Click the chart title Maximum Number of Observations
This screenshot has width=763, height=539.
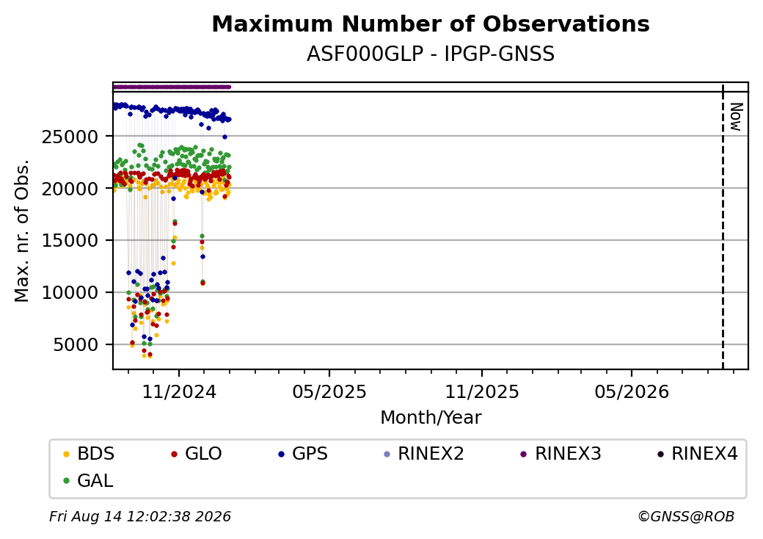coord(431,23)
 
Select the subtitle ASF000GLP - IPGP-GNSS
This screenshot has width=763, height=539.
coord(431,54)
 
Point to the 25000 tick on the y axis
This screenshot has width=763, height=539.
coord(70,137)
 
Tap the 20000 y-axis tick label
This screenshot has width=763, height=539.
coord(70,189)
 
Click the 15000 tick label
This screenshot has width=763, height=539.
coord(70,241)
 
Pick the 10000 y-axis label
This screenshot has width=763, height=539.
coord(70,292)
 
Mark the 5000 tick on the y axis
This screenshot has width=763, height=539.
coord(76,344)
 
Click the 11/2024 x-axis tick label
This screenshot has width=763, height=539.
coord(179,391)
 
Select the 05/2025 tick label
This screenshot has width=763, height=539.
coord(329,391)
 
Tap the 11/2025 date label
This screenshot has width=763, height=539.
coord(482,391)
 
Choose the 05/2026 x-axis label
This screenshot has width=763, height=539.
coord(632,391)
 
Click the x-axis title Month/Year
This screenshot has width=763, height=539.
coord(431,418)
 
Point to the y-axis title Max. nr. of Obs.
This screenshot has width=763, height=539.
coord(22,231)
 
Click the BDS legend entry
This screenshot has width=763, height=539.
coord(89,454)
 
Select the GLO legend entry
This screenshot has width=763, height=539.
coord(197,454)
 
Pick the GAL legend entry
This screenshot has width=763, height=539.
coord(89,480)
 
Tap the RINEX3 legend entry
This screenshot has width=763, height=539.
coord(561,454)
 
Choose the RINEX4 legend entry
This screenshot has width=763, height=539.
coord(697,454)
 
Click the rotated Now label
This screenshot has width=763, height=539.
coord(736,117)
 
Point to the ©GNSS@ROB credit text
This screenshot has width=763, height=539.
coord(686,516)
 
